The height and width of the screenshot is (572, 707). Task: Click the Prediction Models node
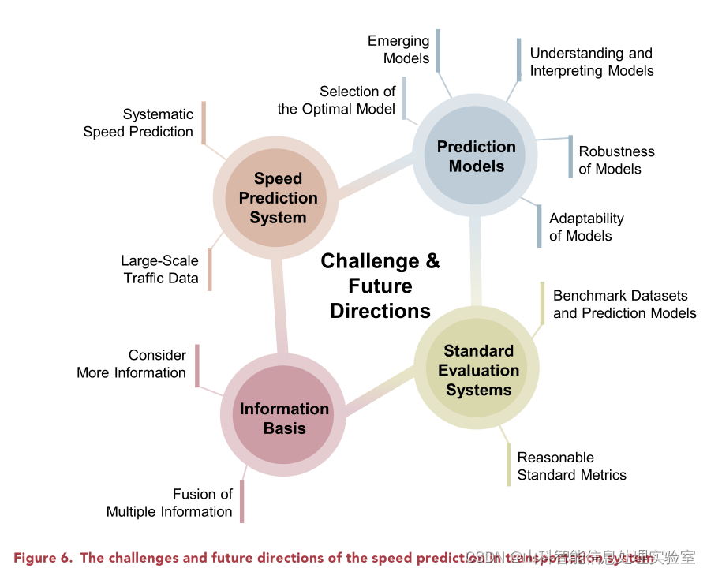point(476,156)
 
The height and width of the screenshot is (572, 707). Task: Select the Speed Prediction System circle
point(278,198)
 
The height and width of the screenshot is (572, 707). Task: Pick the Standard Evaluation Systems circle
point(478,370)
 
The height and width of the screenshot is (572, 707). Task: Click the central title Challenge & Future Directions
point(380,286)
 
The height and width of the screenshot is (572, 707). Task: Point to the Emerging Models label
point(399,50)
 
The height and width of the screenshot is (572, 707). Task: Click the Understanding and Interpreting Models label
point(591,62)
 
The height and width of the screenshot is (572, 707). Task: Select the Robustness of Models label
point(615,160)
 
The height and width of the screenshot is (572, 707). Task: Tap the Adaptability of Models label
point(585,226)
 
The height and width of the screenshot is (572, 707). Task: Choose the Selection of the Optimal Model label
point(337,100)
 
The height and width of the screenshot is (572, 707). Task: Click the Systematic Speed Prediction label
point(139,123)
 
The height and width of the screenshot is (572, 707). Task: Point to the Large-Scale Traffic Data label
point(160,269)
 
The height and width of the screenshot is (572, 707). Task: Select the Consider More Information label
point(132,364)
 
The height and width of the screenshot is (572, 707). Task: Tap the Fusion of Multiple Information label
point(170,503)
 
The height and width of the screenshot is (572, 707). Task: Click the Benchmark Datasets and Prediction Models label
point(624,305)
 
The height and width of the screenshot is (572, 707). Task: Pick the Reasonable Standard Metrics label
point(571,466)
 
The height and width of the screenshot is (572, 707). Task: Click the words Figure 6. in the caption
point(44,558)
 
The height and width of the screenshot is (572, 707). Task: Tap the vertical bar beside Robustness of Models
point(570,156)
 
